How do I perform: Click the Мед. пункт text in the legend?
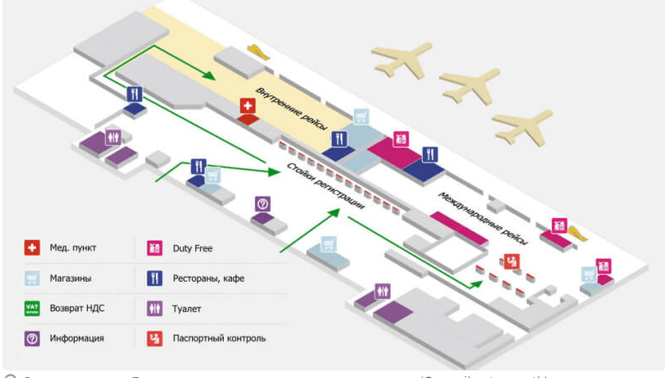click(x=73, y=248)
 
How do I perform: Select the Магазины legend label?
click(x=71, y=278)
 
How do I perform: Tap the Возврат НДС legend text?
click(x=77, y=308)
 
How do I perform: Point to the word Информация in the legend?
click(x=76, y=339)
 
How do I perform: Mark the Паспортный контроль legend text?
click(x=219, y=339)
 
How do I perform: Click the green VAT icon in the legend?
click(x=33, y=308)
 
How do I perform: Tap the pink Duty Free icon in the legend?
click(x=154, y=248)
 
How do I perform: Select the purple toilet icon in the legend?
click(x=154, y=308)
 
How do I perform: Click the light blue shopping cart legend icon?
click(x=33, y=278)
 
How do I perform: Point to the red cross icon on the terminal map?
click(x=248, y=106)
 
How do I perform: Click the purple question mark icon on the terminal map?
click(x=262, y=204)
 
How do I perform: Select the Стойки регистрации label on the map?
click(x=326, y=186)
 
